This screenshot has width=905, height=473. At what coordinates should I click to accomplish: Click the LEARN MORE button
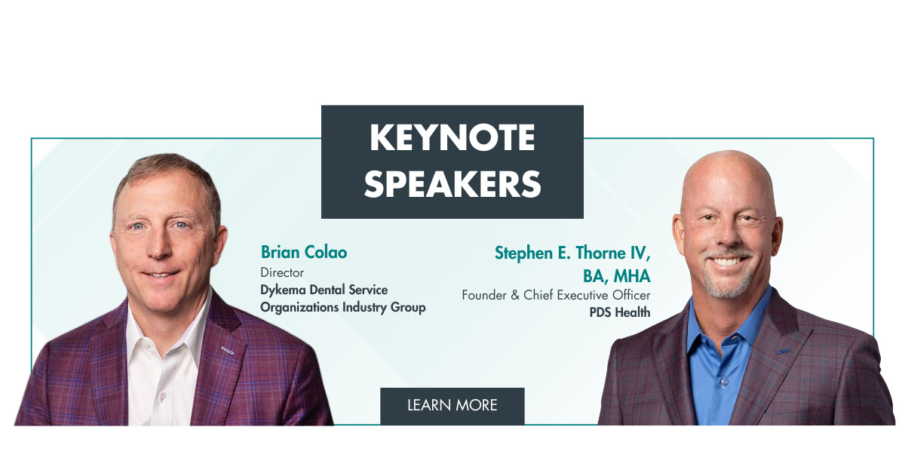coord(452,405)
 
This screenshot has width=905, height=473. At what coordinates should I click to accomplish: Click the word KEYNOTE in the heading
coord(452,138)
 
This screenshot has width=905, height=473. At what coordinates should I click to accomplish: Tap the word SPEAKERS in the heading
coord(452,183)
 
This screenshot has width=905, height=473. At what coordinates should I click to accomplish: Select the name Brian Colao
coord(304,252)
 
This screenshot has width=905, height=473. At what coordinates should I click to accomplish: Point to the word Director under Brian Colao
coord(282,272)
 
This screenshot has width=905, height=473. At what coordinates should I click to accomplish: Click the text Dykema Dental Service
coord(324,290)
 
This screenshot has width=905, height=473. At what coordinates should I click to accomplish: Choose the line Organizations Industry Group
coord(342,307)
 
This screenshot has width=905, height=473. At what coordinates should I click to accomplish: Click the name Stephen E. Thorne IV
coord(572,253)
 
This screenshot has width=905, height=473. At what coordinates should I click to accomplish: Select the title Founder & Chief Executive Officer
coord(556,295)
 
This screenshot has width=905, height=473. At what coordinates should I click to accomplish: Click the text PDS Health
coord(619,312)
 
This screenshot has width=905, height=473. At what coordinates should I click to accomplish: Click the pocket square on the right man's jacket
coord(785,351)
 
